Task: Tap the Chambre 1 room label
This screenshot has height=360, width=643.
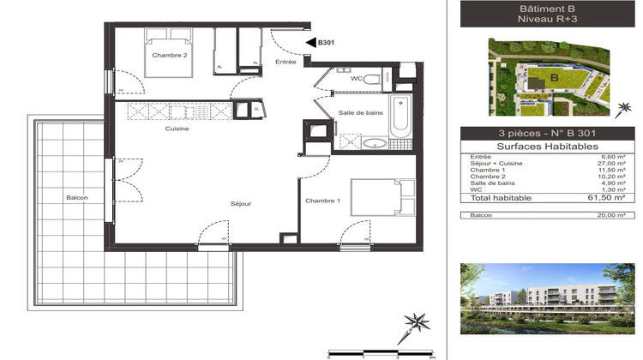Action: coord(322,201)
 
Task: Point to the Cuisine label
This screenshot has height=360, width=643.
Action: coord(177,129)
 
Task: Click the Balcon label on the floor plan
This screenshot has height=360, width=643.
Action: coord(77,198)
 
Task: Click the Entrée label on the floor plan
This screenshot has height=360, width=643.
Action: coord(285,62)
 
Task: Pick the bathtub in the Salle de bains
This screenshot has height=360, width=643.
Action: coord(400,117)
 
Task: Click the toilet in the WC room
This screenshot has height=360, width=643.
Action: coord(372,79)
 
